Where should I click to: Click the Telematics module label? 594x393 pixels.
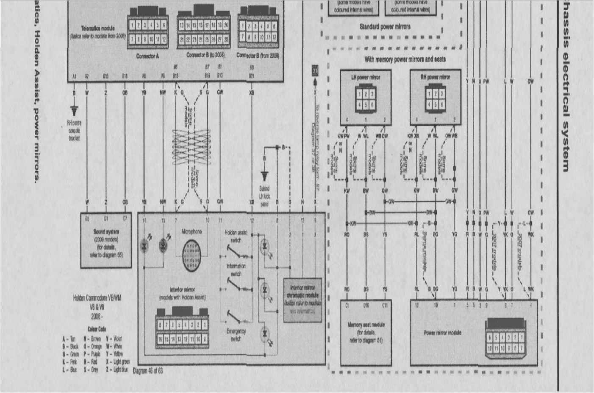tap(98, 28)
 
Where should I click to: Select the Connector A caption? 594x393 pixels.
tap(147, 56)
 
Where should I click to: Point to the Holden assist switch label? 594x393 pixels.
tap(236, 236)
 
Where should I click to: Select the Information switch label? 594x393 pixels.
tap(236, 269)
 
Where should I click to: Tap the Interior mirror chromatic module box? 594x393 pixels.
tap(303, 300)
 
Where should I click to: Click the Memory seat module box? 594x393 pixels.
tap(366, 332)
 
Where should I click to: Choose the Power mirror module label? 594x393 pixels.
tap(442, 333)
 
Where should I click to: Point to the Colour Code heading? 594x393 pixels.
tap(97, 329)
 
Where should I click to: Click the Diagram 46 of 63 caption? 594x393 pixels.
tap(147, 371)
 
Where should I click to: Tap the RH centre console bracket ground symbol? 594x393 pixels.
tap(74, 111)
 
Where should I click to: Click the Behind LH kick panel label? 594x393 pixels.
tap(264, 196)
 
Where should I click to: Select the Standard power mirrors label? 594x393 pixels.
tap(385, 27)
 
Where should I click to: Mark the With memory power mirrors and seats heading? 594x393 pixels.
tap(405, 59)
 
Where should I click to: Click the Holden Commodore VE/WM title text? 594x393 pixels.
tap(97, 298)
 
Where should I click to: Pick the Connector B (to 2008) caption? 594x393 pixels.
tap(205, 55)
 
